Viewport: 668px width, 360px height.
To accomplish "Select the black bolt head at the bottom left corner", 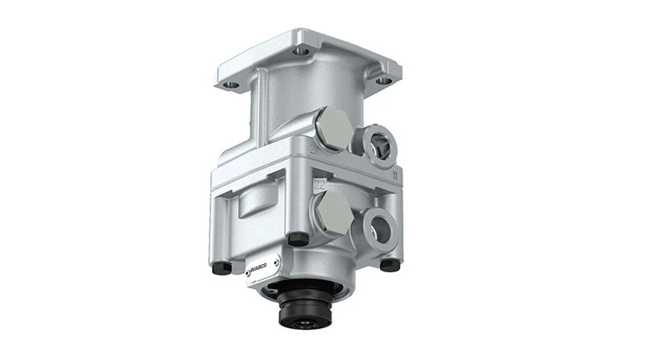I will pyautogui.click(x=220, y=269).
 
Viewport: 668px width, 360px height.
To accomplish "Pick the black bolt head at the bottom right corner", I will pyautogui.click(x=390, y=264).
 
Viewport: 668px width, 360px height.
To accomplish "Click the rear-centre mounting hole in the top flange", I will pyautogui.click(x=301, y=51).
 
